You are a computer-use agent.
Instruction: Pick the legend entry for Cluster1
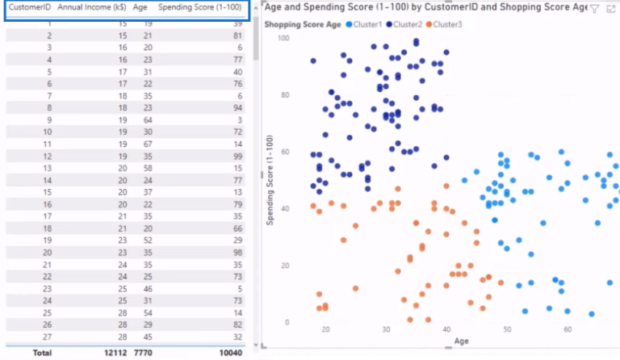click(x=367, y=24)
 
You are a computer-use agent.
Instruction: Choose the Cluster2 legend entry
click(x=406, y=24)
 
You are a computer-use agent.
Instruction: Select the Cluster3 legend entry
click(x=447, y=24)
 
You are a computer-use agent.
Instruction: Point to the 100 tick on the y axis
click(x=283, y=38)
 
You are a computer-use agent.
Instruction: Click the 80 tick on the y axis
click(x=284, y=95)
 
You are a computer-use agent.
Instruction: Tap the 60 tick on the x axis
click(x=568, y=329)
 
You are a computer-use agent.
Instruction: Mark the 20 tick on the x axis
click(x=325, y=329)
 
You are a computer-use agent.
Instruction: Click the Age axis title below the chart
click(x=461, y=341)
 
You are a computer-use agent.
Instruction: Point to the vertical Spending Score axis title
click(x=270, y=180)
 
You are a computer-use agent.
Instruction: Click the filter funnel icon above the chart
click(x=594, y=8)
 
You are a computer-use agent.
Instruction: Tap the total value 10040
click(x=228, y=352)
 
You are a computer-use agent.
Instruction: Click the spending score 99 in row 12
click(x=236, y=155)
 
